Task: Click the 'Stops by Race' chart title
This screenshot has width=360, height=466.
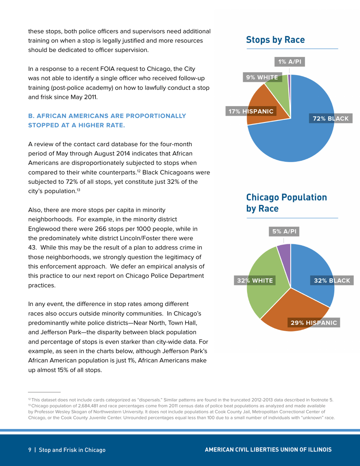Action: click(x=275, y=39)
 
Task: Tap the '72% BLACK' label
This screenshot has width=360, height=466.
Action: click(x=330, y=119)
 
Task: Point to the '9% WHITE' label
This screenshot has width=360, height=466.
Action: click(x=261, y=78)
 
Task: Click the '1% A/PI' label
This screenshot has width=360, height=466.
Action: click(x=289, y=61)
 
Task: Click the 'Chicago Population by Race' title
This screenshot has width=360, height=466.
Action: click(x=286, y=202)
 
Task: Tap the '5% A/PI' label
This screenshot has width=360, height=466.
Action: click(x=283, y=231)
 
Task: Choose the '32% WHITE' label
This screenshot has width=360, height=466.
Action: click(x=255, y=280)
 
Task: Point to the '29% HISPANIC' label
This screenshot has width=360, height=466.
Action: click(x=313, y=322)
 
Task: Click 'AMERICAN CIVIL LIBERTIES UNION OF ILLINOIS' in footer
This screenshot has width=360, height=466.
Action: click(x=268, y=450)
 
